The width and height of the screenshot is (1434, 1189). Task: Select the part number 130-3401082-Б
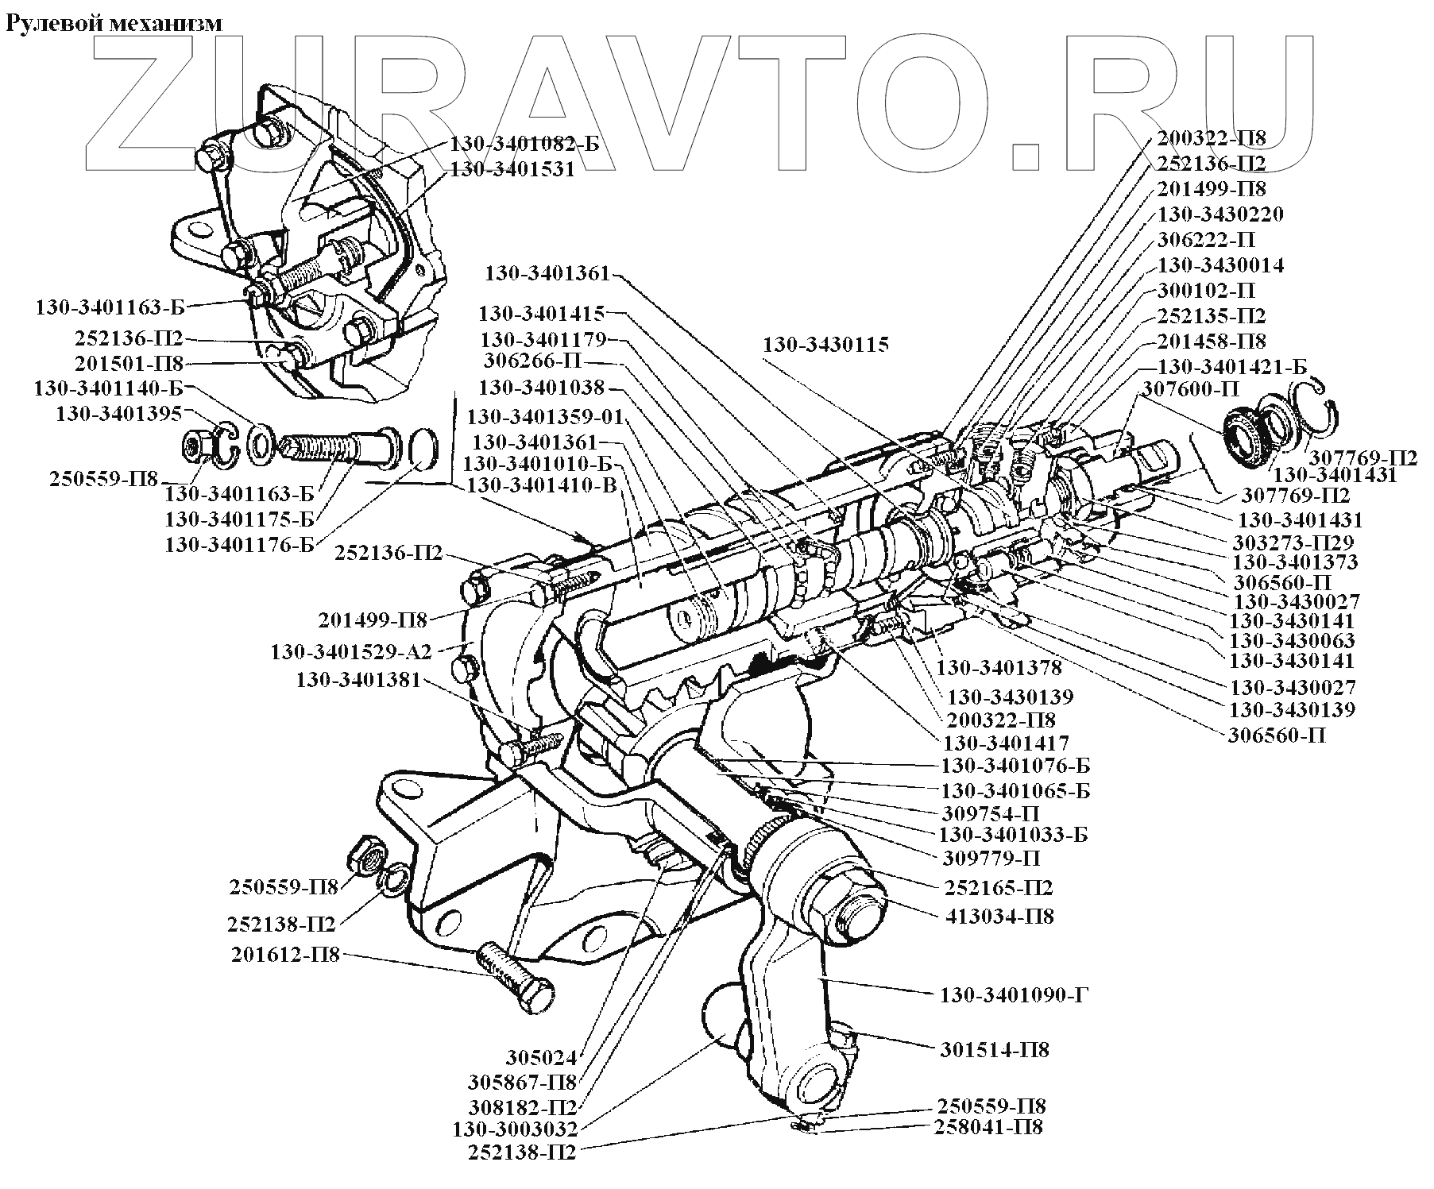524,144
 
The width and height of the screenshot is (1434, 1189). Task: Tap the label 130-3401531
512,169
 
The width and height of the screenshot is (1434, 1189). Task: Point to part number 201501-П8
129,364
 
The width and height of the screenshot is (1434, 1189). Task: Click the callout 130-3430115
826,345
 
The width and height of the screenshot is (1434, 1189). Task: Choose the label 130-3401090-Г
1014,994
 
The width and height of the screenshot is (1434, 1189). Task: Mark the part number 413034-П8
1000,916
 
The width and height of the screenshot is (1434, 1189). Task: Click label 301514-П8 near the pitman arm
995,1049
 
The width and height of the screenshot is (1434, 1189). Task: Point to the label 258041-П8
989,1126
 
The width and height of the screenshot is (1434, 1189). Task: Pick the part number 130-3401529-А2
351,652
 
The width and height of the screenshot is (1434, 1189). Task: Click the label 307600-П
1191,389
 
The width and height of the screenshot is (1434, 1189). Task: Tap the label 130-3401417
1006,743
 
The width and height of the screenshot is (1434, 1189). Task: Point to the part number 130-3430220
1220,214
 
